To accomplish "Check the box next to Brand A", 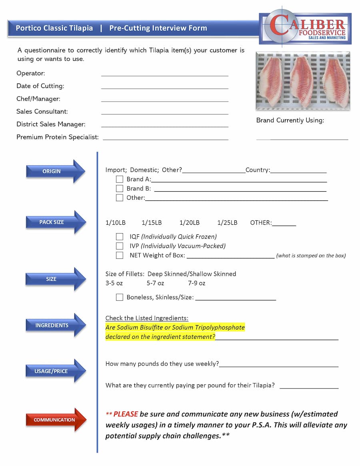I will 119,179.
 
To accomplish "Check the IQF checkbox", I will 119,236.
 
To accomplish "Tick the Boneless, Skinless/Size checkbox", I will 119,297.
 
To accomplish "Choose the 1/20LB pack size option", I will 189,222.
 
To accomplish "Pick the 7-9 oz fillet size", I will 196,283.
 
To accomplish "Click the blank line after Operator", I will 164,74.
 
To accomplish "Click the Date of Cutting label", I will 40,86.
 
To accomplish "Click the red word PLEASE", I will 126,414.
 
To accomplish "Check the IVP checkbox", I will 119,246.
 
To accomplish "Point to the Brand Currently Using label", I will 290,120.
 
